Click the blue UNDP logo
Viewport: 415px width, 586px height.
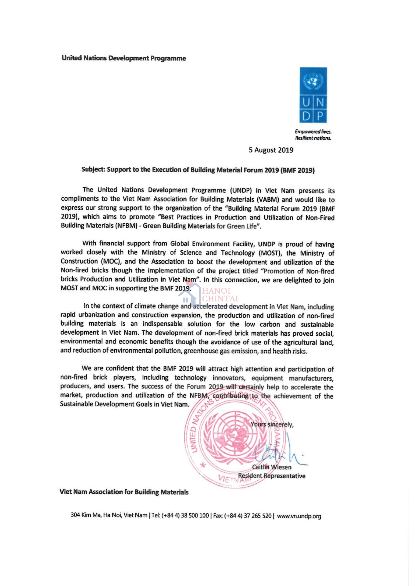click(313, 95)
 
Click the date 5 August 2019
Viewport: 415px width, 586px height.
click(271, 150)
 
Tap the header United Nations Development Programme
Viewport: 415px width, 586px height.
click(124, 58)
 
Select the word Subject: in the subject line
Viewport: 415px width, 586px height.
click(93, 169)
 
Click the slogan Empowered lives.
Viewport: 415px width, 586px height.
click(313, 132)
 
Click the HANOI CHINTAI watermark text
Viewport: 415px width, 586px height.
click(220, 295)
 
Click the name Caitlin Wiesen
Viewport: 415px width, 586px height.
click(272, 467)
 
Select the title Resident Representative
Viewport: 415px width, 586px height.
click(272, 476)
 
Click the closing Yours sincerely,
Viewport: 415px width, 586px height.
click(272, 424)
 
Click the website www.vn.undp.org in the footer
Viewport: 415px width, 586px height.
click(299, 516)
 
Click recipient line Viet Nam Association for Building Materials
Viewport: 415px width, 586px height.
click(124, 492)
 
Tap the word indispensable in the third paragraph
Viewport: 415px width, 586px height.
click(162, 324)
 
